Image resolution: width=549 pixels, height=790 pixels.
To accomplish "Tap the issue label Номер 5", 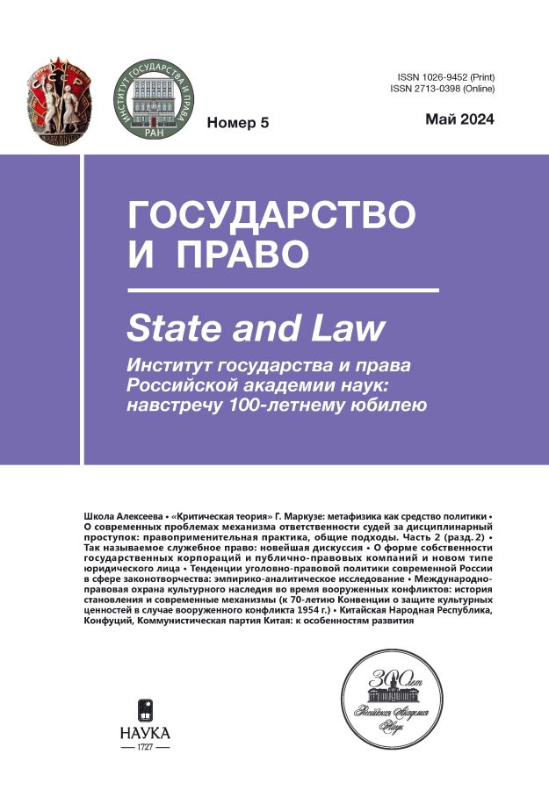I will pyautogui.click(x=237, y=123).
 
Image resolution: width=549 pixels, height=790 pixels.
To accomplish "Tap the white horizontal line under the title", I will pyautogui.click(x=283, y=289).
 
